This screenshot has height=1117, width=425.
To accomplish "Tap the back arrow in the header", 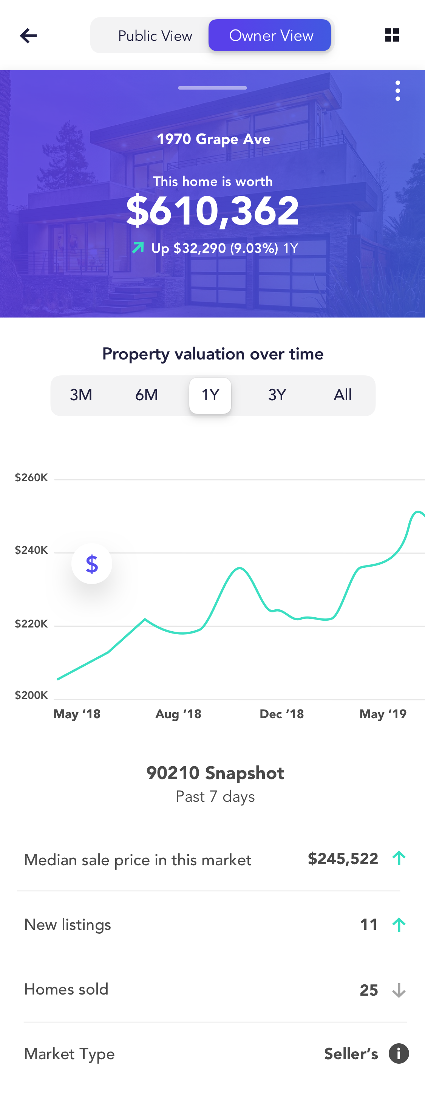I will click(29, 36).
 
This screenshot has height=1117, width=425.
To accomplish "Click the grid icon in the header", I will click(392, 35).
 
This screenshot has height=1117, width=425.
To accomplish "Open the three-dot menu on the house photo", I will click(397, 91).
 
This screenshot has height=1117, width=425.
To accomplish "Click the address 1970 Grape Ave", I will click(213, 139).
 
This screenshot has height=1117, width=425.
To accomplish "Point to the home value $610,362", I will click(212, 211).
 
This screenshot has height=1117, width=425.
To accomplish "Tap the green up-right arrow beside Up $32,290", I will click(138, 248).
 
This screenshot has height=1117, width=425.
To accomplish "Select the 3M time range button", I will click(81, 395).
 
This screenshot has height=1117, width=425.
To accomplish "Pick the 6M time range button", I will click(147, 395).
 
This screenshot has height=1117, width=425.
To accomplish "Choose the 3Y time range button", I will click(277, 395).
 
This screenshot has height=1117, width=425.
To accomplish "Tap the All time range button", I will click(342, 395).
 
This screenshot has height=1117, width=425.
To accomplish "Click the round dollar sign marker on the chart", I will click(92, 564).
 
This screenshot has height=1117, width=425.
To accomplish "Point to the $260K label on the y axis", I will click(31, 477).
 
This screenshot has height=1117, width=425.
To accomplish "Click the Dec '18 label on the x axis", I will click(281, 714).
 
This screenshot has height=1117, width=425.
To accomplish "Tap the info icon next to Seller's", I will click(399, 1053).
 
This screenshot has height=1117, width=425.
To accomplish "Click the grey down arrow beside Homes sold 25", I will click(399, 990).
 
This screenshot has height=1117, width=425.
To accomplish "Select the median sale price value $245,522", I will click(343, 858).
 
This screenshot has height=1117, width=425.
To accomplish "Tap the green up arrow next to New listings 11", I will click(399, 925).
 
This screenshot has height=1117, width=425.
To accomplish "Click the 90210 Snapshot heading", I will click(215, 773).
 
